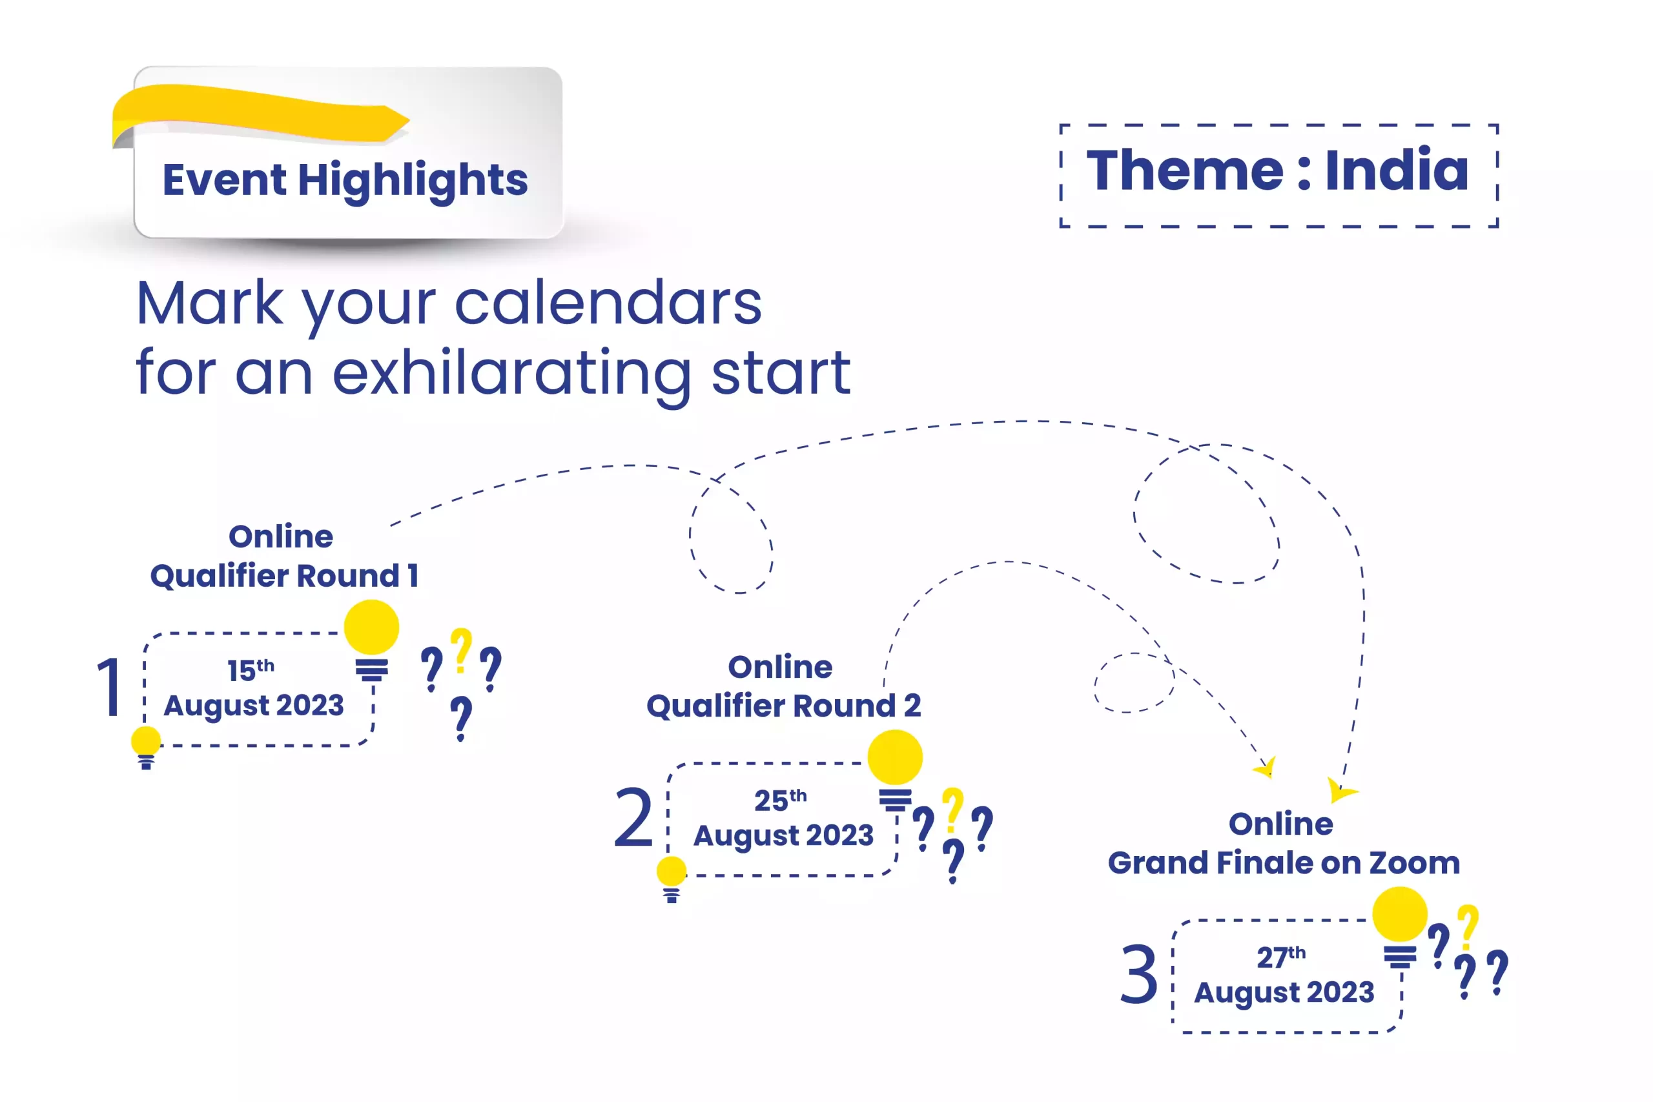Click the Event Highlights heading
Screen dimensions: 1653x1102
pyautogui.click(x=345, y=180)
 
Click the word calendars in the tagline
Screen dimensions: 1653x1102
pyautogui.click(x=609, y=303)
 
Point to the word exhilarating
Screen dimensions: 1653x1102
pyautogui.click(x=511, y=375)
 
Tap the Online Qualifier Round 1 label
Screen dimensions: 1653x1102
pyautogui.click(x=284, y=556)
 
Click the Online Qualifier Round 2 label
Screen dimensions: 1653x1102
pyautogui.click(x=784, y=686)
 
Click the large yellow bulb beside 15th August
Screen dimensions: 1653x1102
pyautogui.click(x=372, y=628)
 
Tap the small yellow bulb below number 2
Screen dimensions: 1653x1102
pyautogui.click(x=671, y=872)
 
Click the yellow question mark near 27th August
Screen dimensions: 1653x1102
pyautogui.click(x=1468, y=926)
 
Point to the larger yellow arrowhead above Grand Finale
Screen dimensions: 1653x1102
pyautogui.click(x=1340, y=790)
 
